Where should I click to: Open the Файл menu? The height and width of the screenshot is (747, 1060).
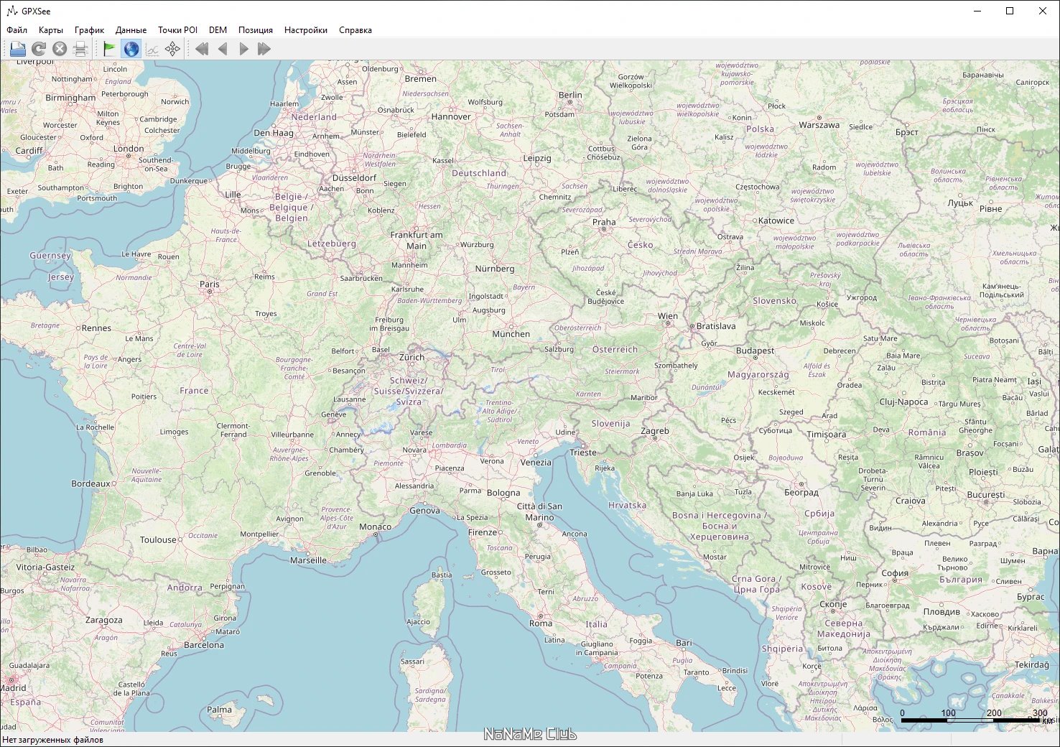pos(17,30)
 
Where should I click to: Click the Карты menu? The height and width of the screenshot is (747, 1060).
pos(50,30)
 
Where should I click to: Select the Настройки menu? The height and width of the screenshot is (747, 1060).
pos(305,30)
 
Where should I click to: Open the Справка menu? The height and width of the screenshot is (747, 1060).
pos(355,30)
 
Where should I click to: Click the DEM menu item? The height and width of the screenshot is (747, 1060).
pos(218,30)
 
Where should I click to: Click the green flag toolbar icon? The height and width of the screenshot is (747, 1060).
pos(110,49)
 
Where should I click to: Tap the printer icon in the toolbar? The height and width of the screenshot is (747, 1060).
pos(80,49)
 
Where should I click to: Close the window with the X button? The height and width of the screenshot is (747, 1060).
pos(1042,11)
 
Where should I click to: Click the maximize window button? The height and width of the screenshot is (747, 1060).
pos(1009,11)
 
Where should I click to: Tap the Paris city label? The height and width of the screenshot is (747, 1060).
pos(210,284)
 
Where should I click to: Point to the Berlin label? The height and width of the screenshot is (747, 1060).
pos(570,95)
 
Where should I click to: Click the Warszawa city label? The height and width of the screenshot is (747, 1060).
pos(819,125)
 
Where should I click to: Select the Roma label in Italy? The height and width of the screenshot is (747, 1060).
pos(541,623)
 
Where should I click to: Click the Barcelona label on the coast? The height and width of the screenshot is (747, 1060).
pos(204,645)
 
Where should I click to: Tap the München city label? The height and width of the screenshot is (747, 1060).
pos(511,334)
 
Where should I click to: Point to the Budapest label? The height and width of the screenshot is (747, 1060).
pos(755,351)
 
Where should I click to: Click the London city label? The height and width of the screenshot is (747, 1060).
pos(129,149)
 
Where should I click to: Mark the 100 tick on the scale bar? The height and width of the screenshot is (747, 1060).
pos(948,713)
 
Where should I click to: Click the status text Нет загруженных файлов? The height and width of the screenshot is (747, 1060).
pos(52,740)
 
